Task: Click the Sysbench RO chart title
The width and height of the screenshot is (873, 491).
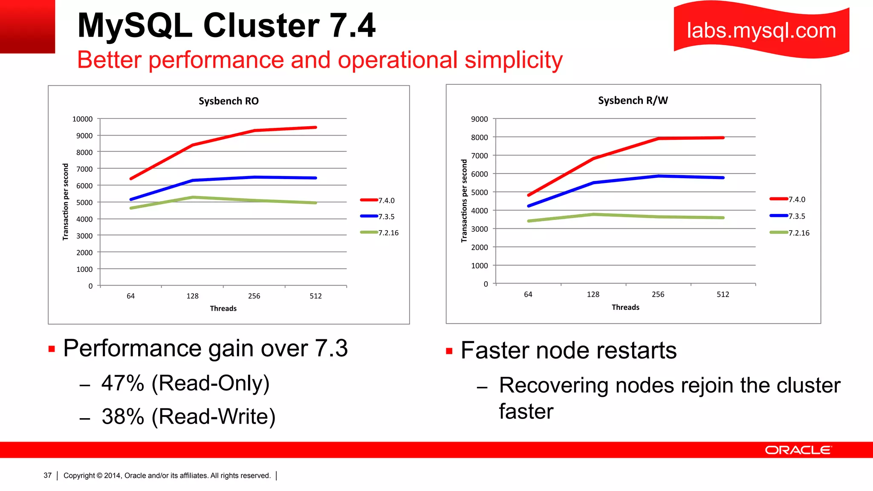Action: tap(228, 101)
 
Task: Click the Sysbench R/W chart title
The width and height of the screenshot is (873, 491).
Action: tap(633, 101)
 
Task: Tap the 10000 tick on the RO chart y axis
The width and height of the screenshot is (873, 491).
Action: tap(82, 119)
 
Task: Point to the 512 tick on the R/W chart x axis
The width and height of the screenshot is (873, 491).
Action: tap(723, 294)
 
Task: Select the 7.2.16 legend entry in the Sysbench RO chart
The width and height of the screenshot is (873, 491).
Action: tap(388, 233)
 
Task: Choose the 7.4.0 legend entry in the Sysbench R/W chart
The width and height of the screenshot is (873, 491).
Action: tap(796, 199)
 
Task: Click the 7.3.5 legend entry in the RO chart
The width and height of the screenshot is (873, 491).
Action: tap(386, 217)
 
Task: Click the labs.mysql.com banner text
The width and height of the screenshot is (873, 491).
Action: tap(761, 31)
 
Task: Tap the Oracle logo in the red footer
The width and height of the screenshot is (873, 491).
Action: tap(798, 450)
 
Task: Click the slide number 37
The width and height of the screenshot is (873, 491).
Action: tap(47, 475)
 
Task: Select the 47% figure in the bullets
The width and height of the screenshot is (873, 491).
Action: tap(123, 383)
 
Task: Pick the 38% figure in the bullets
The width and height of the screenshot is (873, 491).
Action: tap(123, 416)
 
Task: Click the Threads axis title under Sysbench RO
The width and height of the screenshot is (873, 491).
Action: tap(223, 308)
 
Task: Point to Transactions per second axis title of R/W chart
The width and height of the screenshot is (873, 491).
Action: tap(464, 201)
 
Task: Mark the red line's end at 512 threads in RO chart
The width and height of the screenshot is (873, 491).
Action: tap(315, 127)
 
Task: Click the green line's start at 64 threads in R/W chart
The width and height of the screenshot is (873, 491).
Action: tap(529, 221)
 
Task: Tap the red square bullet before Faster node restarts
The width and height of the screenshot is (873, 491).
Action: tap(449, 351)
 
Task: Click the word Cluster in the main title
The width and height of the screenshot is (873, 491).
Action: tap(261, 26)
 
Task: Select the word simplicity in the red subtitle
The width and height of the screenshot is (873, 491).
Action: tap(513, 60)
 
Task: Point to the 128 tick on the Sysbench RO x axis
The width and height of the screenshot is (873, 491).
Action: tap(192, 296)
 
